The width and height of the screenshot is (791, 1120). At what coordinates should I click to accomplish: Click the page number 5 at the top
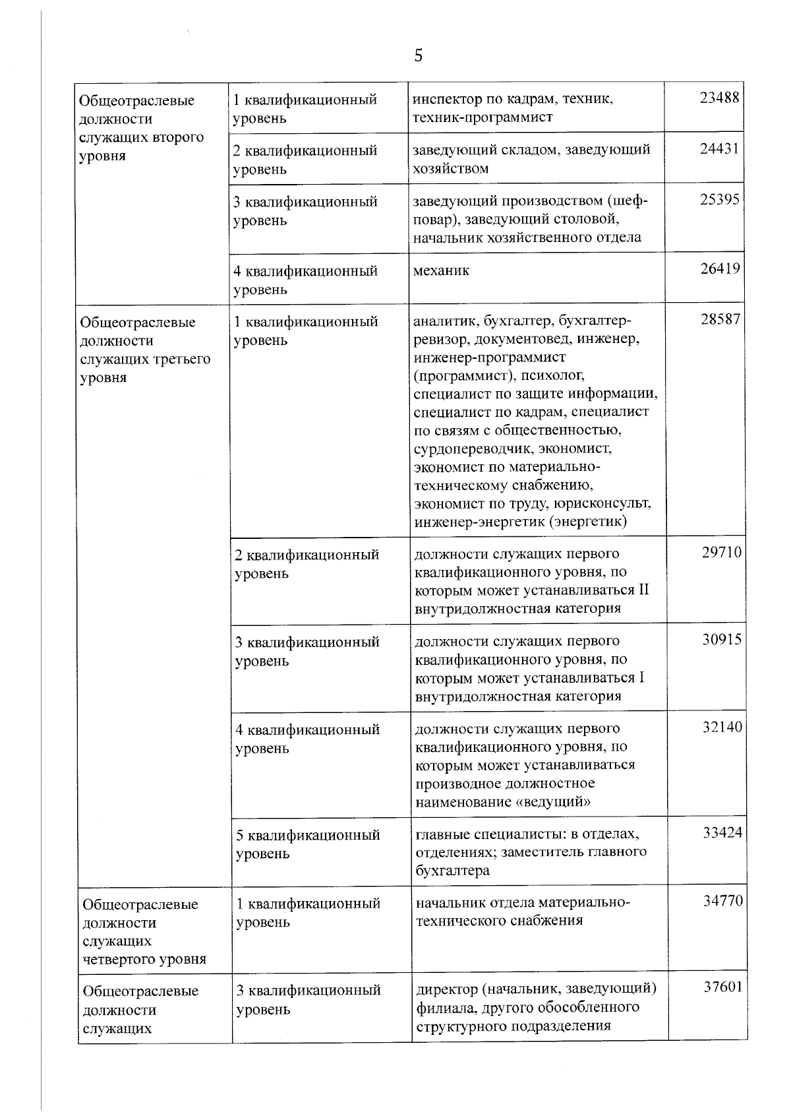418,55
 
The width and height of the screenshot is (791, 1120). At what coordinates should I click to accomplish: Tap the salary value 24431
720,149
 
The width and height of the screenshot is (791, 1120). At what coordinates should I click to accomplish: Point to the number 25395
720,200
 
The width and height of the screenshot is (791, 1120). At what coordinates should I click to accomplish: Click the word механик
441,270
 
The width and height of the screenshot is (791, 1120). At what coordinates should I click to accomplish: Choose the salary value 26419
720,269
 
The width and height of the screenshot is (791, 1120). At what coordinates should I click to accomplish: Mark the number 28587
720,320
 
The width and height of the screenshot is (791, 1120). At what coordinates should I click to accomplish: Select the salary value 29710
721,553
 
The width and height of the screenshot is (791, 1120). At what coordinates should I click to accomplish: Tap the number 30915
722,640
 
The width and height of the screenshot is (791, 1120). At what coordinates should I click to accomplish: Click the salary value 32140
722,728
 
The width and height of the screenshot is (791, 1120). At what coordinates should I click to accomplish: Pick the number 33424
722,833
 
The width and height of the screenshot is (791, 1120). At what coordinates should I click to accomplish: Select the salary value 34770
723,901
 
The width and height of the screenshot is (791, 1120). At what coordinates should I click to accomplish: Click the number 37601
723,987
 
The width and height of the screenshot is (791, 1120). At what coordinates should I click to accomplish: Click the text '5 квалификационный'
308,836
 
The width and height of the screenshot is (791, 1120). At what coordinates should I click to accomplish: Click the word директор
446,990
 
